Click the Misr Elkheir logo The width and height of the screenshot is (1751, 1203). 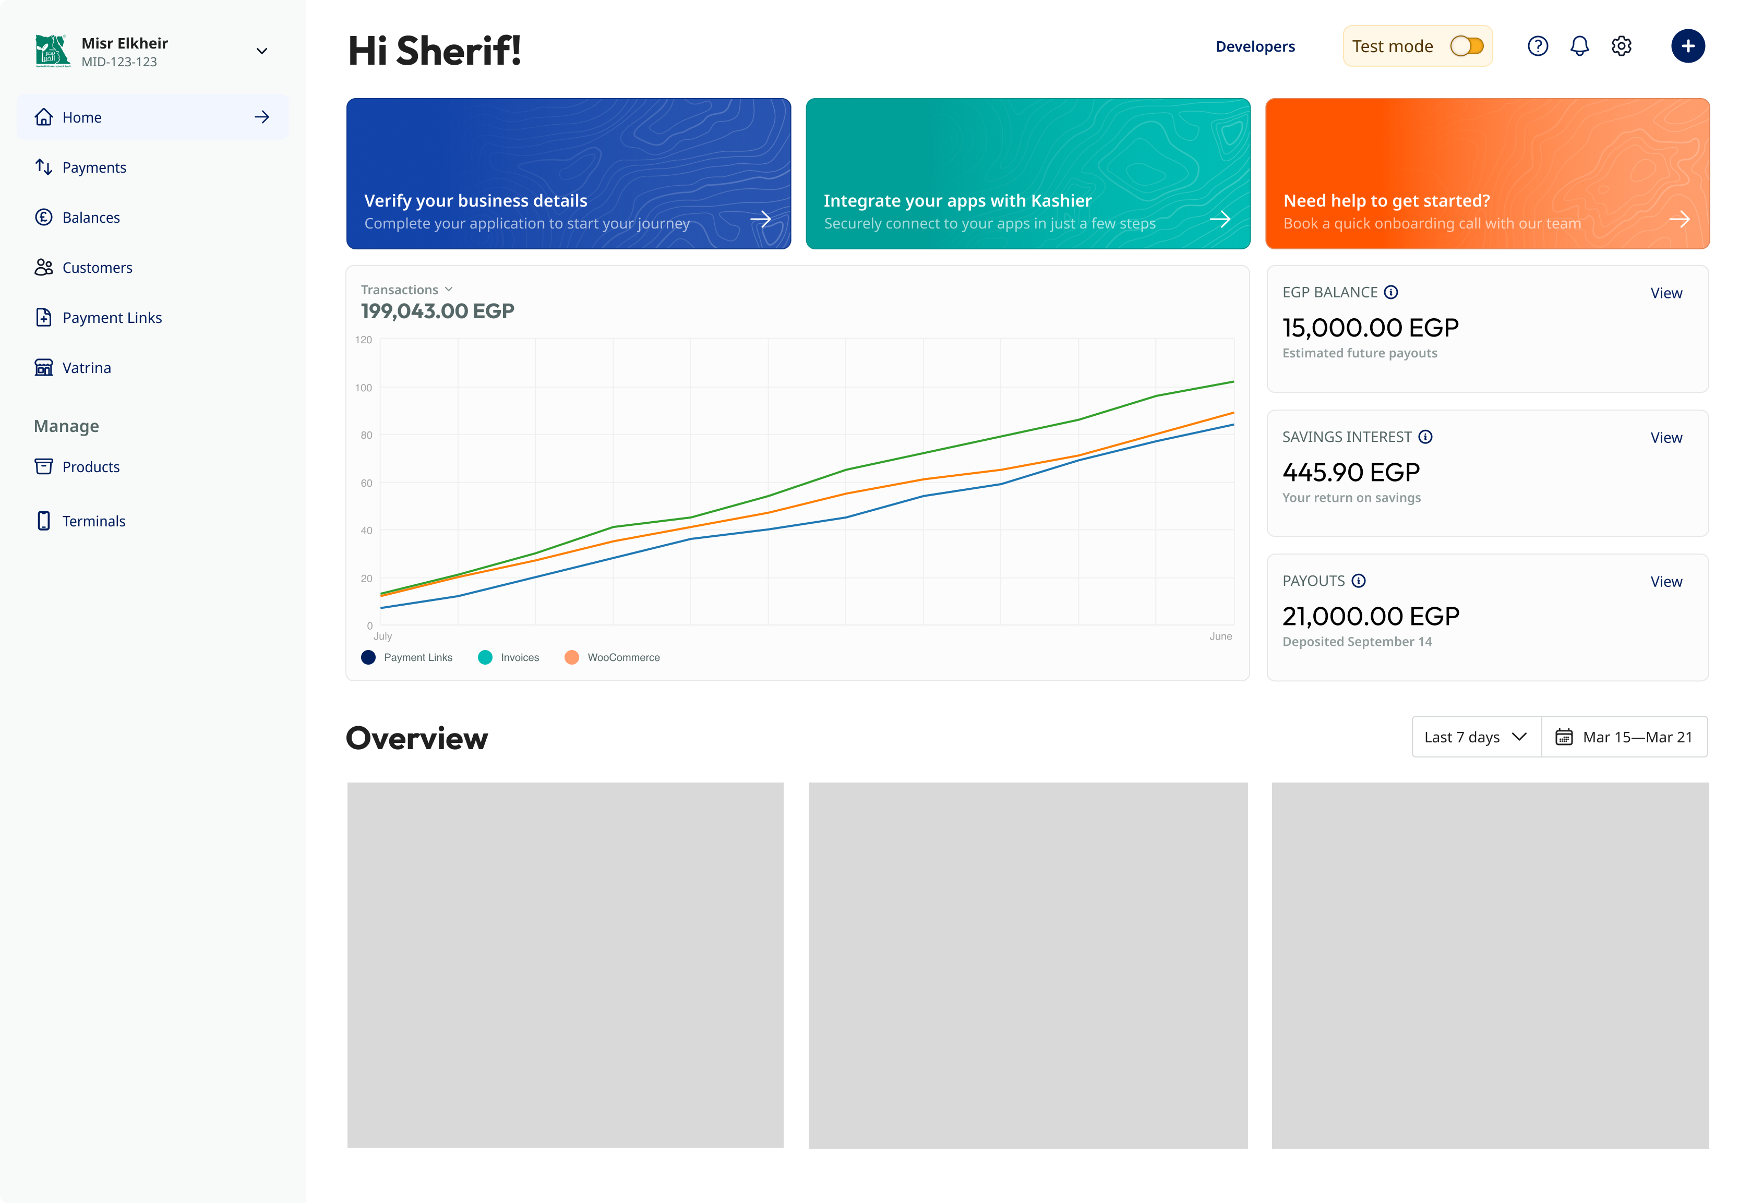pyautogui.click(x=53, y=51)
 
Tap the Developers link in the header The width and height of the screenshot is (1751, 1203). pyautogui.click(x=1255, y=47)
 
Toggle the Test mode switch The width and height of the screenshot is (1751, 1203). pyautogui.click(x=1467, y=46)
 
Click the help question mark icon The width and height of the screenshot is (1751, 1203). pyautogui.click(x=1538, y=46)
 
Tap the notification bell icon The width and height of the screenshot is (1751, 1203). pyautogui.click(x=1579, y=46)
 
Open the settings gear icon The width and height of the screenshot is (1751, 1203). pyautogui.click(x=1622, y=46)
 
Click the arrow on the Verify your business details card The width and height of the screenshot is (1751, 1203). pyautogui.click(x=761, y=219)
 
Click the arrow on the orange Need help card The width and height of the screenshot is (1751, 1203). pyautogui.click(x=1680, y=219)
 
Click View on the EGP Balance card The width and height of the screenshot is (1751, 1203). pyautogui.click(x=1666, y=293)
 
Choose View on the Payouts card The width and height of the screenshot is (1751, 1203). pyautogui.click(x=1666, y=582)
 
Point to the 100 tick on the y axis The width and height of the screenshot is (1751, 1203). pyautogui.click(x=363, y=388)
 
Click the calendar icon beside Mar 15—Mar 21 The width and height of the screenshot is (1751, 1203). pyautogui.click(x=1564, y=737)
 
